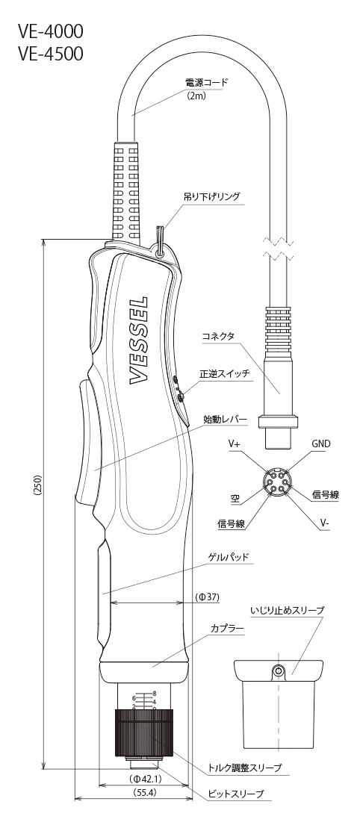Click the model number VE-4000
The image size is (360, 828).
(50, 32)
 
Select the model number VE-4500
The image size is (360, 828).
(50, 54)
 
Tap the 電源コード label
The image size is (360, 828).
(206, 82)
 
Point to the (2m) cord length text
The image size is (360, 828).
(196, 96)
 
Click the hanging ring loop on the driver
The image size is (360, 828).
(159, 240)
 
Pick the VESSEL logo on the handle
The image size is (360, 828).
(138, 341)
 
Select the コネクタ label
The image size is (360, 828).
(217, 337)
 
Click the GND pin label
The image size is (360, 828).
(320, 444)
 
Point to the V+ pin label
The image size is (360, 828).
(235, 445)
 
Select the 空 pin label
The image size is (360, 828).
(235, 497)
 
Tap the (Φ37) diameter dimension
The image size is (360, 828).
(207, 597)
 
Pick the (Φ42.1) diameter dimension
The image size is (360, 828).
(145, 779)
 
